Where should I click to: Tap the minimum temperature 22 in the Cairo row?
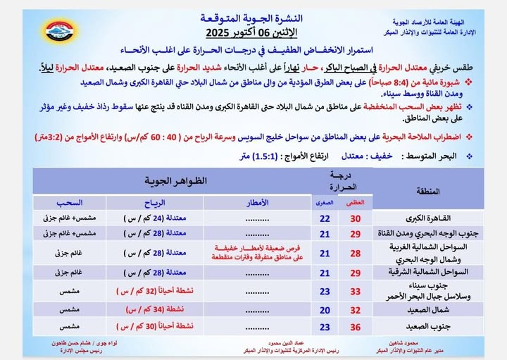(x=325, y=218)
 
